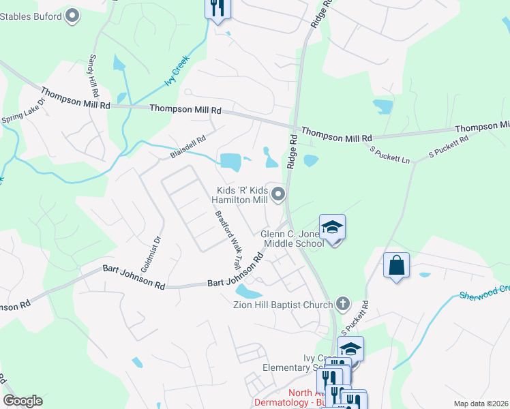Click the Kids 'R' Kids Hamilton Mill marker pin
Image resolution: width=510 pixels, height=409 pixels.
(278, 196)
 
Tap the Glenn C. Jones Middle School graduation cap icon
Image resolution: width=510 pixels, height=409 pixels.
(332, 227)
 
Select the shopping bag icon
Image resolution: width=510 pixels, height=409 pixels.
(396, 264)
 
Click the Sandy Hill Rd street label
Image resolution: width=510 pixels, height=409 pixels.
(94, 76)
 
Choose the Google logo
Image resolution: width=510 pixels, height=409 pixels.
(22, 401)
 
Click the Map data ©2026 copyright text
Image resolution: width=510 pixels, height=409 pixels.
(481, 404)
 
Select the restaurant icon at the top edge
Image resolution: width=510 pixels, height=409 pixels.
(217, 8)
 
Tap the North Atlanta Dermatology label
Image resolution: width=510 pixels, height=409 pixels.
(300, 397)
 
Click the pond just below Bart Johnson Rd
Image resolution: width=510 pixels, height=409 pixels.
(248, 292)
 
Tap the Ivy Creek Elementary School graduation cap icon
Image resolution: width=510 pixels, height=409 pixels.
(350, 349)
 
